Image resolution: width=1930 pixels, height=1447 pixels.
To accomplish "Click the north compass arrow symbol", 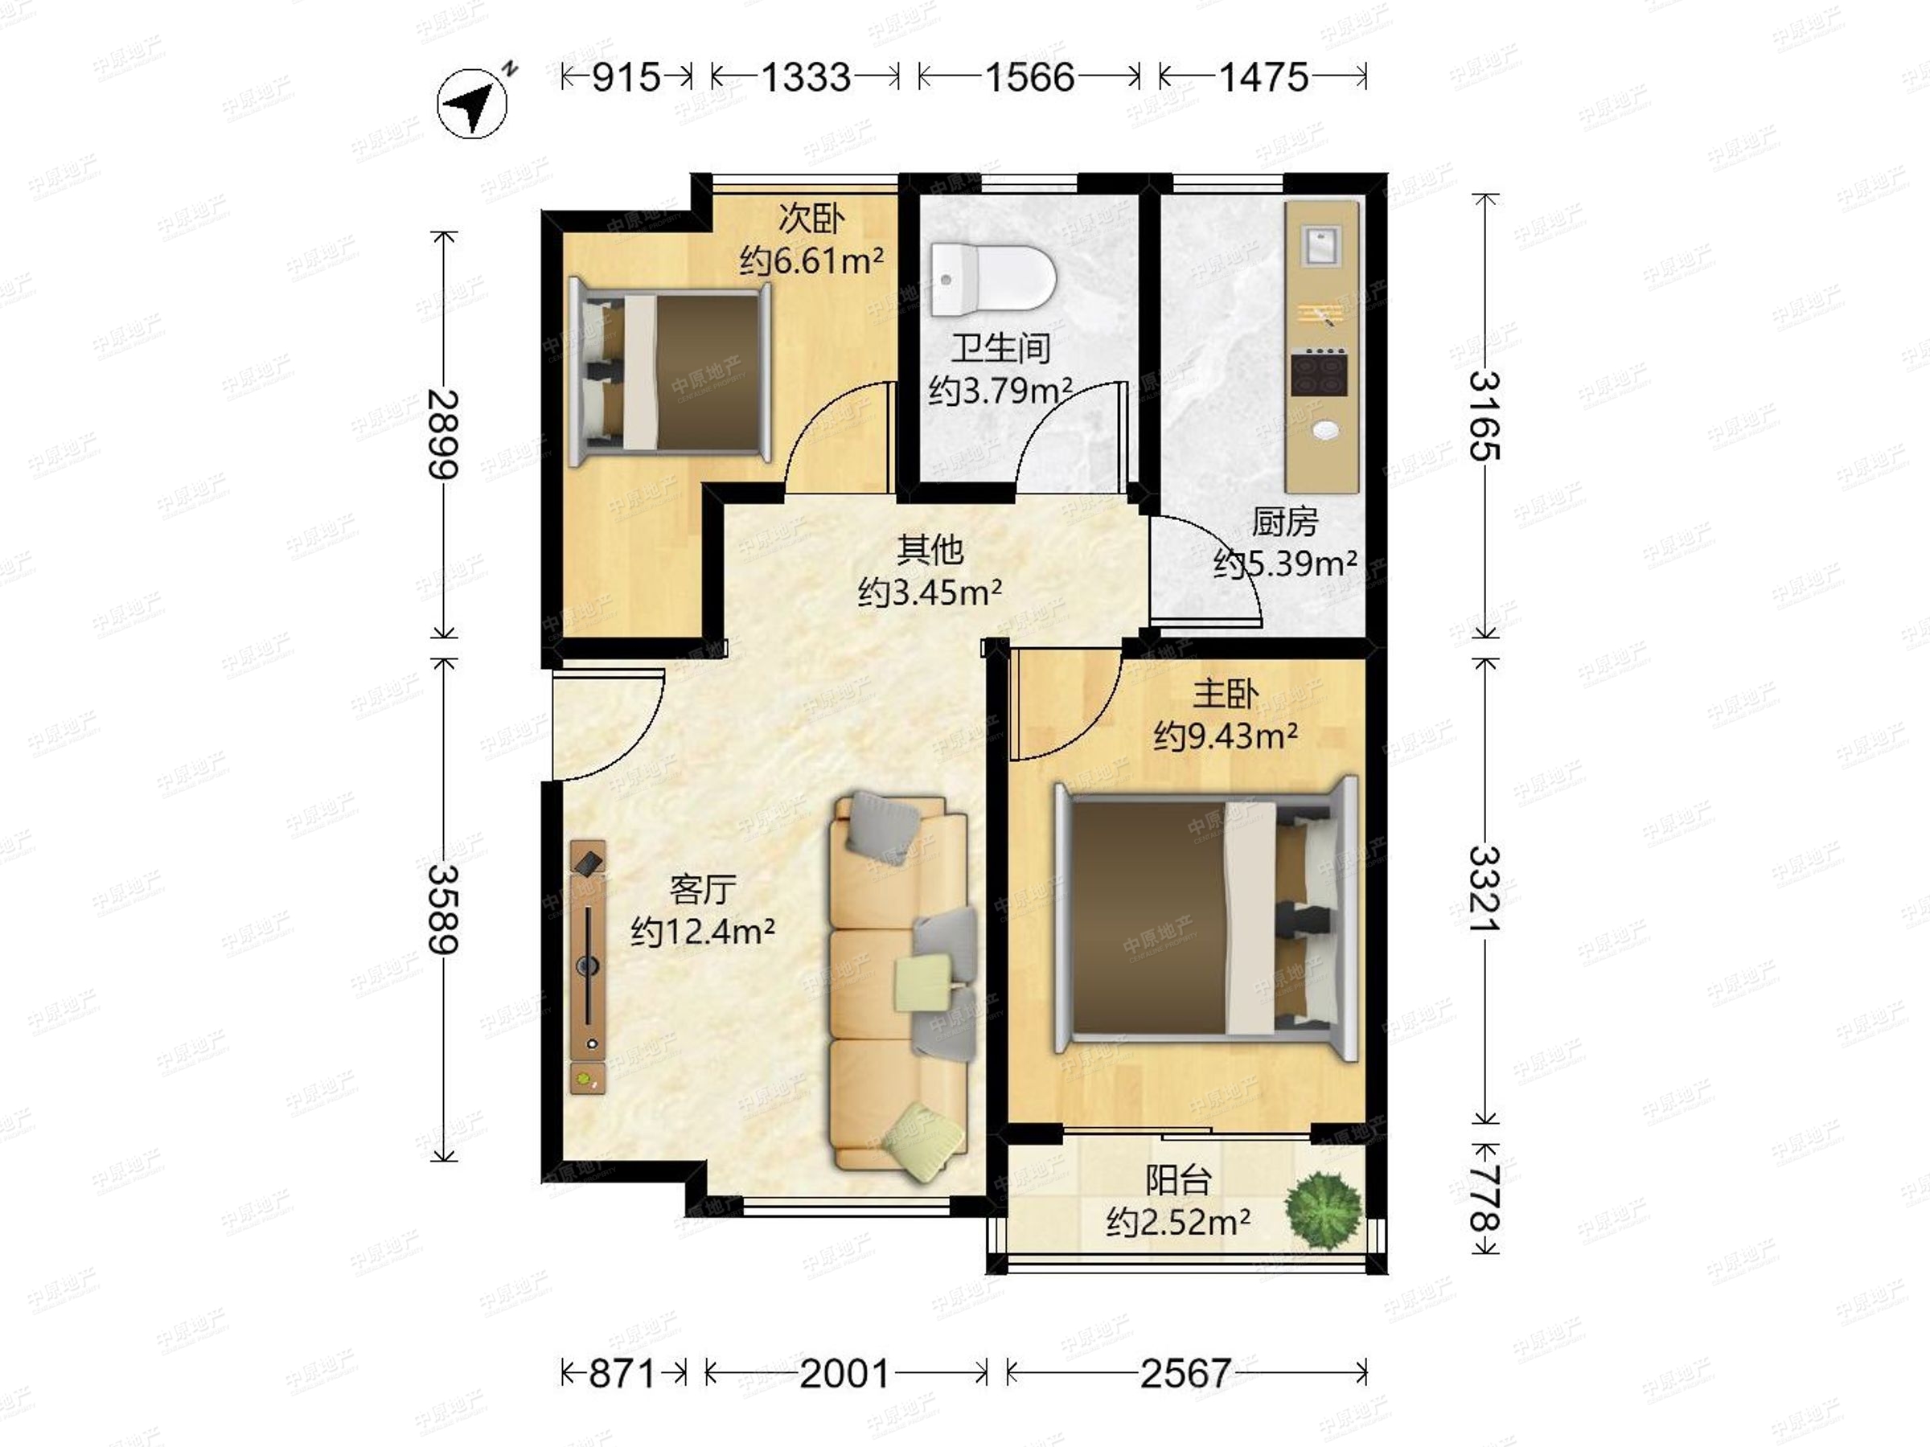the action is tap(472, 104).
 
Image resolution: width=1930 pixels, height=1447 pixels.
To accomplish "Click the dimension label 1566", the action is tap(1029, 78).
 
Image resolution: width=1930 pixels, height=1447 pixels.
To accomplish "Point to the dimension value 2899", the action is tap(443, 433).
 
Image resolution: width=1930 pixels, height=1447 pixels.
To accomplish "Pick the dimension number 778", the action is tap(1484, 1199).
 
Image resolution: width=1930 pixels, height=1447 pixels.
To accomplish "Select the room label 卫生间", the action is tap(1000, 349).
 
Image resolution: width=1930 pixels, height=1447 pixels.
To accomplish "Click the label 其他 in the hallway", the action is tap(930, 550).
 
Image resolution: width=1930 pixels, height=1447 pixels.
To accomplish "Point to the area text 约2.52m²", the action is tap(1178, 1222).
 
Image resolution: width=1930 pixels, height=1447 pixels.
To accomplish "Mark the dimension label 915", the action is tap(626, 78).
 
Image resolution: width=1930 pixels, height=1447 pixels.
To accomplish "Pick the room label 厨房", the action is tap(1284, 522).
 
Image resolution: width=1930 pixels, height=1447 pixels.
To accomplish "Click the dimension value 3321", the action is tap(1484, 888).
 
